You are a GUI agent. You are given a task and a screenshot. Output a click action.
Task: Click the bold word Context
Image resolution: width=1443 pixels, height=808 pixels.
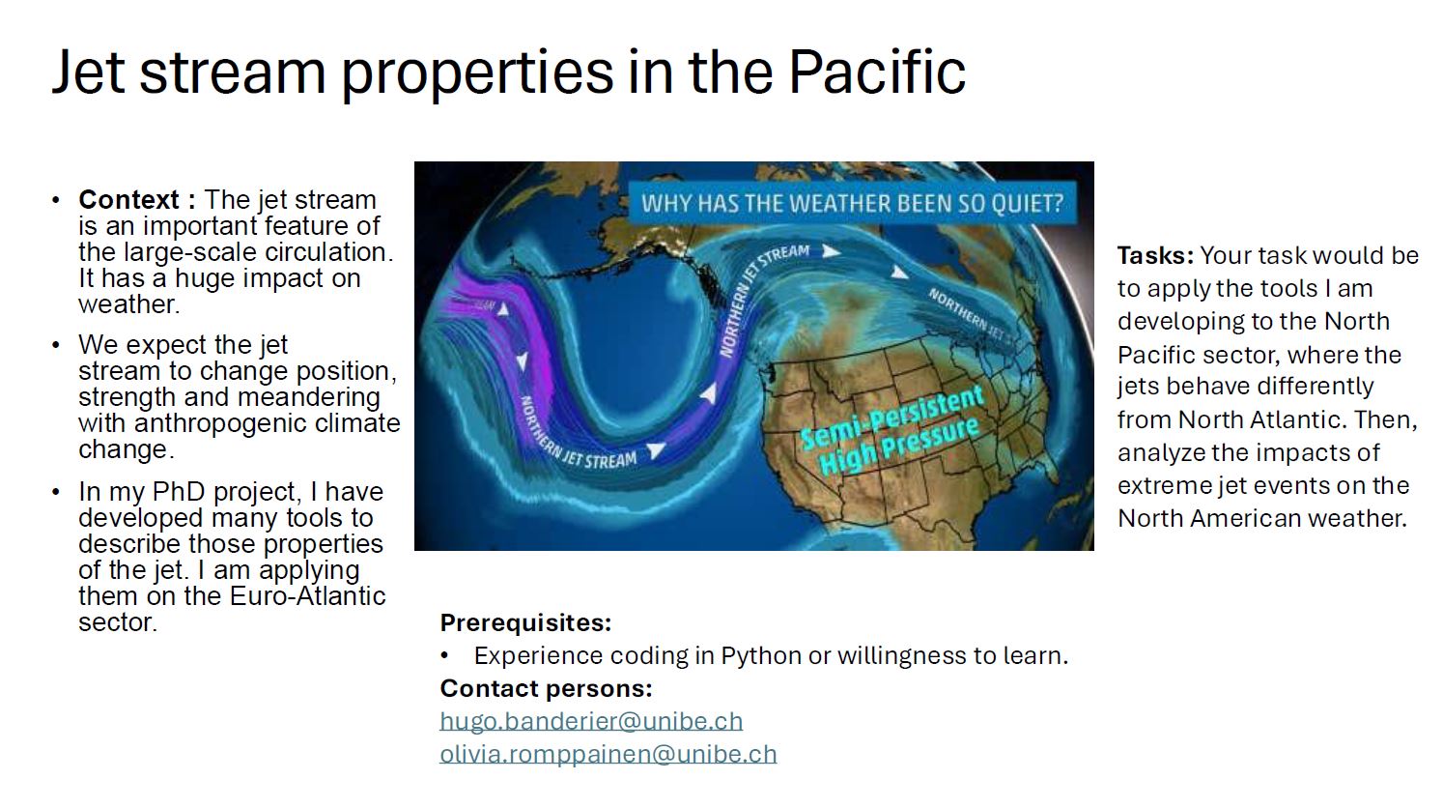(x=128, y=200)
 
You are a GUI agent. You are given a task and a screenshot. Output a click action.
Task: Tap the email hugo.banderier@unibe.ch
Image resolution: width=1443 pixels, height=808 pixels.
(x=591, y=721)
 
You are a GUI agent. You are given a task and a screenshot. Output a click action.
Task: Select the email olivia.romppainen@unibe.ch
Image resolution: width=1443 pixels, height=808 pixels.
(x=608, y=754)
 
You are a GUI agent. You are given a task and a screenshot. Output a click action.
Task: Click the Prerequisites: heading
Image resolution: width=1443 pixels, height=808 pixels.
(x=525, y=623)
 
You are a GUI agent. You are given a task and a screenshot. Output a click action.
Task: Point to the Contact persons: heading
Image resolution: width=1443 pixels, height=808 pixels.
(x=547, y=689)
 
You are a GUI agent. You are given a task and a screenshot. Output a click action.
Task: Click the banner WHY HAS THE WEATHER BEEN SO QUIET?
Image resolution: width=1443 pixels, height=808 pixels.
(x=852, y=203)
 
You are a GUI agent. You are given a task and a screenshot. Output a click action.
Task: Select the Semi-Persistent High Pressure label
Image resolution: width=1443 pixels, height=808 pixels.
(x=892, y=429)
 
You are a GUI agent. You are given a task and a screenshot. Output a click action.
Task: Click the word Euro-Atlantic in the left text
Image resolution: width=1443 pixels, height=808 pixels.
(x=307, y=596)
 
